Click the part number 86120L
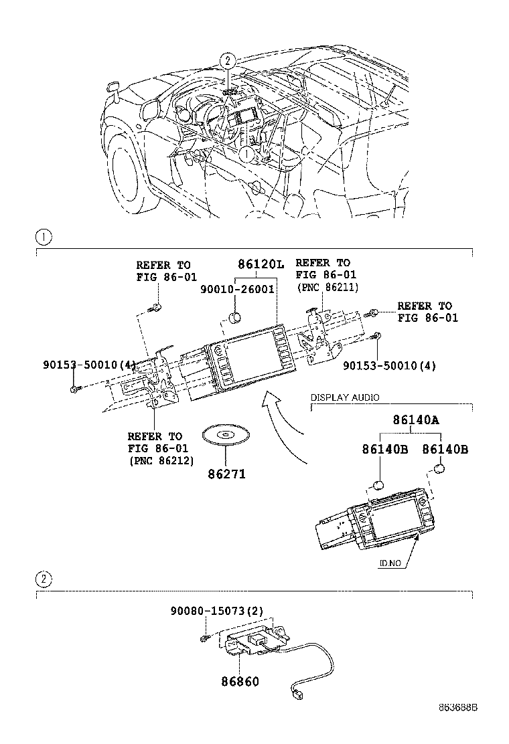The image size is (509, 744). tap(257, 264)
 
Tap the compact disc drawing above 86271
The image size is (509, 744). tap(226, 436)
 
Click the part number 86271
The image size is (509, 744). tap(226, 474)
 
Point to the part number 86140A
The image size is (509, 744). tap(416, 420)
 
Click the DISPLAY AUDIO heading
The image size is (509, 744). tap(344, 397)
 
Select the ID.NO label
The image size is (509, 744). tap(389, 563)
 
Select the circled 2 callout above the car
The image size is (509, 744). tap(228, 61)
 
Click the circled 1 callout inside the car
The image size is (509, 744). tap(246, 154)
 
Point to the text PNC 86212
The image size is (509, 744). tap(161, 460)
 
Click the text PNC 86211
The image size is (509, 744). tap(328, 287)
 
